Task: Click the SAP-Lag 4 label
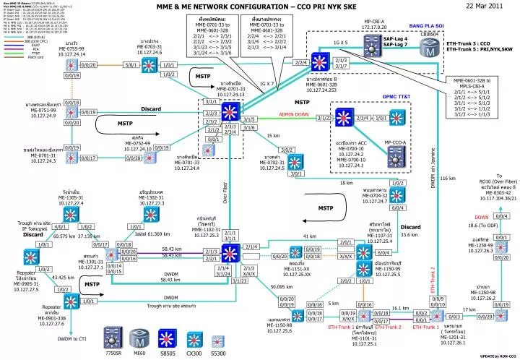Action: point(395,38)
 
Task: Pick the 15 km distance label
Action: point(274,135)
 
